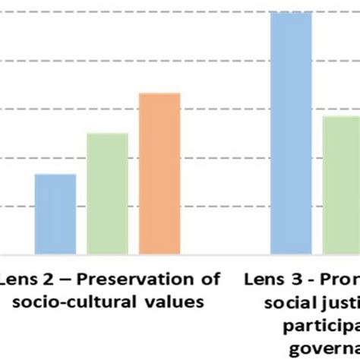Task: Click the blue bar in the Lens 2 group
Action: (55, 213)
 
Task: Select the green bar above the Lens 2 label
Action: (107, 193)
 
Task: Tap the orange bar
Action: (159, 173)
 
